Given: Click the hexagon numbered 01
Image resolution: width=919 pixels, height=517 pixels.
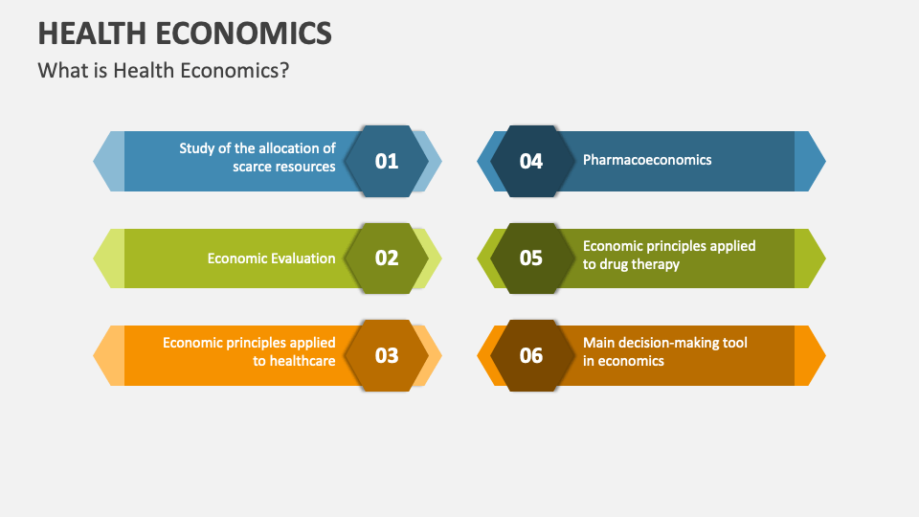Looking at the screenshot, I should pos(386,161).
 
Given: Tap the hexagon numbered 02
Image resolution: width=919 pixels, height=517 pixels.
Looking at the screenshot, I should pos(386,258).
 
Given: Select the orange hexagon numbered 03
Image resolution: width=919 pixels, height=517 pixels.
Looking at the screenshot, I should pos(386,355).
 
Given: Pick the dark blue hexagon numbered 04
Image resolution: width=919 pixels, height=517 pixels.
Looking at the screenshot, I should pos(531,161).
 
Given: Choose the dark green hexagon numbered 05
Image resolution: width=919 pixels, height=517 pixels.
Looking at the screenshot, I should pos(531,258).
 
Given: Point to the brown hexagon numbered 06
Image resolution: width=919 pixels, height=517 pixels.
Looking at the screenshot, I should pos(531,355).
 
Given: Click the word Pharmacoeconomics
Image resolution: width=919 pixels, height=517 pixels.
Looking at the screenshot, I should pos(647,160).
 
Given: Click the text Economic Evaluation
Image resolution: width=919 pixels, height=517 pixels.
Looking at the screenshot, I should pos(271,258).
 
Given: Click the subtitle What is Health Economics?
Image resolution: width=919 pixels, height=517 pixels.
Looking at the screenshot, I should pos(163,71).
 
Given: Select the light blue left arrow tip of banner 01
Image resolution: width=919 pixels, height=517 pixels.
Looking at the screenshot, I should pos(108,161).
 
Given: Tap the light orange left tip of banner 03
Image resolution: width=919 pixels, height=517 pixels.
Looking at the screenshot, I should pos(108,355).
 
